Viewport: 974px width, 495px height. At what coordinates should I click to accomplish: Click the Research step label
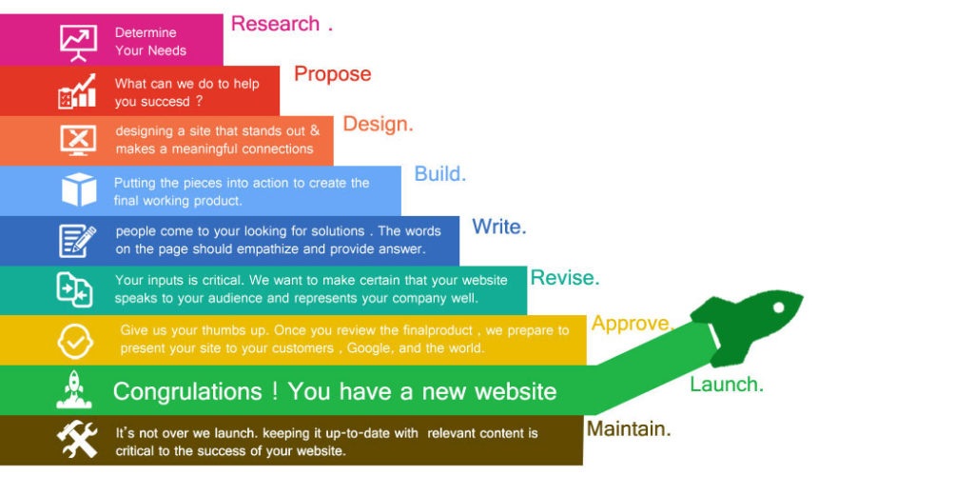[276, 24]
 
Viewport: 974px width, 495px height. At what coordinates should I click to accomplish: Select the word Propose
[332, 74]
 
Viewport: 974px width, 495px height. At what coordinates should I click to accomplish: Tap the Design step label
[378, 125]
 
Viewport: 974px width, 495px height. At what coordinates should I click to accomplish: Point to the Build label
[439, 174]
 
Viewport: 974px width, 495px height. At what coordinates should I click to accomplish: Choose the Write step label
[498, 227]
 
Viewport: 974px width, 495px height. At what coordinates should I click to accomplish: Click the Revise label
[564, 278]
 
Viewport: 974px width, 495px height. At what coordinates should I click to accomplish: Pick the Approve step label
[631, 324]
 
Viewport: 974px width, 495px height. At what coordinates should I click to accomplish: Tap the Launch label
[726, 385]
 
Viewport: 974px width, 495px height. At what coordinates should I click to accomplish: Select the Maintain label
[628, 429]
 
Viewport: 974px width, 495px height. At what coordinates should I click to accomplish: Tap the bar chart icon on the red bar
[77, 91]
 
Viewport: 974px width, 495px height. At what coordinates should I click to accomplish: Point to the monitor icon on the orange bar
[78, 141]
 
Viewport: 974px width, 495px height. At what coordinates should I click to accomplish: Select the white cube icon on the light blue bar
[79, 189]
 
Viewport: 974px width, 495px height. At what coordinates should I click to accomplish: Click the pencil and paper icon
[77, 241]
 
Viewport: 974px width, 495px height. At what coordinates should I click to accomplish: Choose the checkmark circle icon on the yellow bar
[75, 340]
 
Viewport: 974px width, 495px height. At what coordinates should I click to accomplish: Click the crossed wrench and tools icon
[77, 439]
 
